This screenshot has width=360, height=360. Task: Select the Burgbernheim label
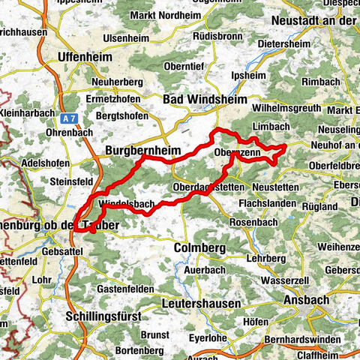142,151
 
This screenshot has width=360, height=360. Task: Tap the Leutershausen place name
201,304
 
